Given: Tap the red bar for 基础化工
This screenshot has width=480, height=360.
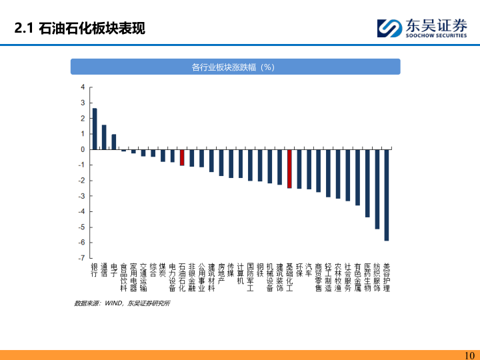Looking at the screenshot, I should click(289, 169).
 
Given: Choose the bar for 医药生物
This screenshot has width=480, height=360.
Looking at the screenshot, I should click(367, 183).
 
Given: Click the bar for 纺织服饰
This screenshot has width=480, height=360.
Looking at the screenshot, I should click(377, 189).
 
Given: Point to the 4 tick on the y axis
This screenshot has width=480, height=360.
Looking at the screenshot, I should click(83, 87).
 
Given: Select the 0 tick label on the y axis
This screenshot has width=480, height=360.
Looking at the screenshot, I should click(83, 149).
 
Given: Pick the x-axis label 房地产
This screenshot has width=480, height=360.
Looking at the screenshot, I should click(221, 273).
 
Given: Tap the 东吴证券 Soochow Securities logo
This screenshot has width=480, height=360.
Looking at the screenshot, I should click(422, 29).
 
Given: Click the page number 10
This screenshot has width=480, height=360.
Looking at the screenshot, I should click(469, 355).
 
